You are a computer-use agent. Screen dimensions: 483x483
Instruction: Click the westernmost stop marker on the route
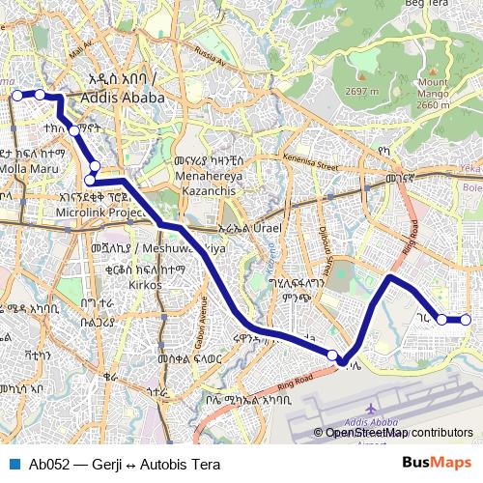16,95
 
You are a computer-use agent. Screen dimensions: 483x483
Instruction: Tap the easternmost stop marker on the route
466,320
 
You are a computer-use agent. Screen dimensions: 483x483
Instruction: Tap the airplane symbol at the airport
374,408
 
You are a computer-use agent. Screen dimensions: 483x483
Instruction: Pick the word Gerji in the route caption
110,463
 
